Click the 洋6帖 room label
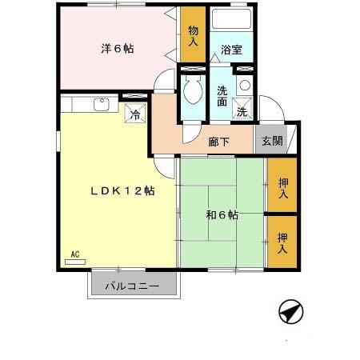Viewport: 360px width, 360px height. [118, 48]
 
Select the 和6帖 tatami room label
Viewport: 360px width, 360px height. [221, 214]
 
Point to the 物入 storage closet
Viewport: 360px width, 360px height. [193, 36]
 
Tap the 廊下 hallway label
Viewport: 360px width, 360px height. [218, 142]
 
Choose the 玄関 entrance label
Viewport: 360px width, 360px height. [271, 141]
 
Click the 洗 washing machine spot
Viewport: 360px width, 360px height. [242, 112]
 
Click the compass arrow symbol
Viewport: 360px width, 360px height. [291, 311]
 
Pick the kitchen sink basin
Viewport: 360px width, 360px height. [102, 103]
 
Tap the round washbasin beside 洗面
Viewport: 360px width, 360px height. [245, 85]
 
